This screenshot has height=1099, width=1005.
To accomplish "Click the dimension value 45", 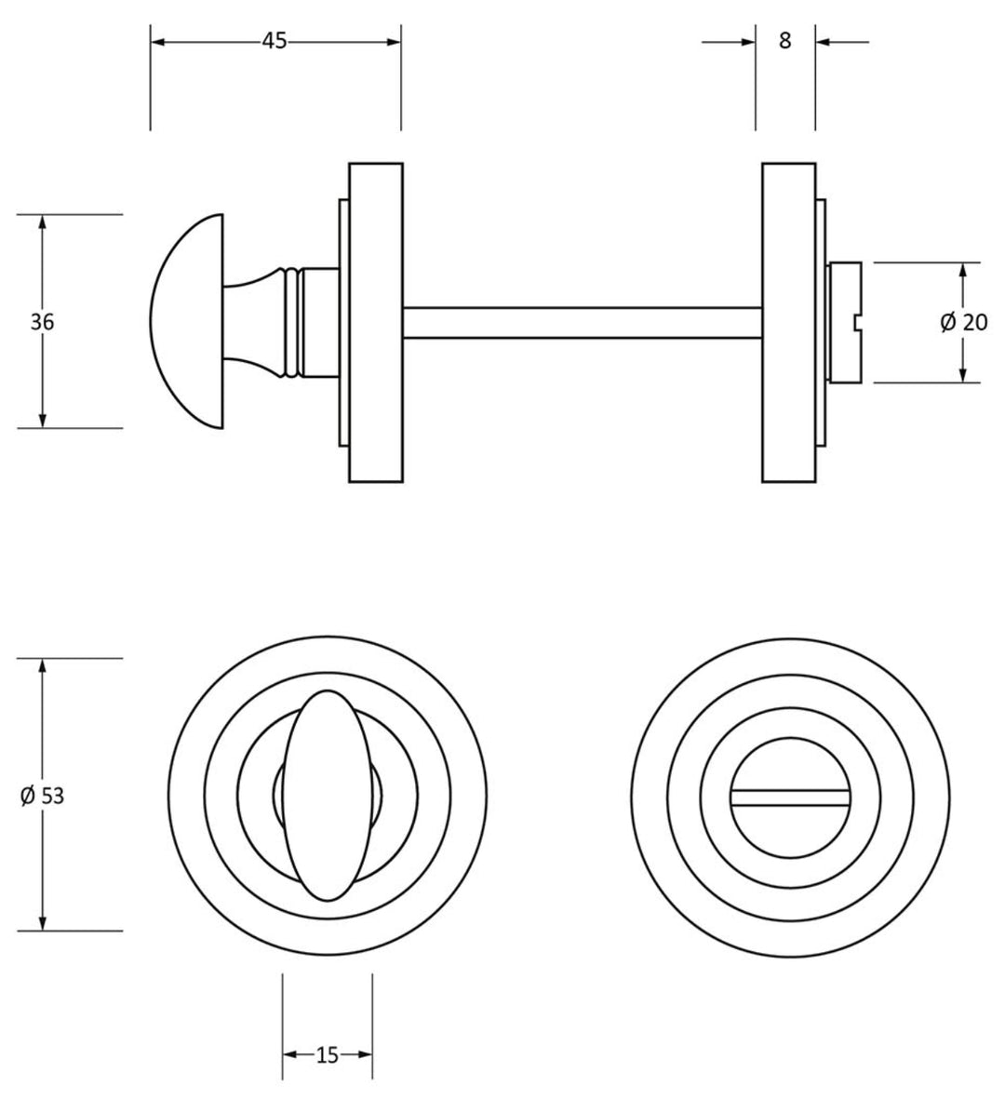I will (274, 41).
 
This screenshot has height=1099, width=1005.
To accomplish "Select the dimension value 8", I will (784, 41).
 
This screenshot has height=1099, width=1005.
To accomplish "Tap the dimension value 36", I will (42, 322).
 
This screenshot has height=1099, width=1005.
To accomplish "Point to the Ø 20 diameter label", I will (963, 322).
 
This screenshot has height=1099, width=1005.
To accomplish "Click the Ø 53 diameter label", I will (42, 796).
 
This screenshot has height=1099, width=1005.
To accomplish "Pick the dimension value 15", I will (327, 1055).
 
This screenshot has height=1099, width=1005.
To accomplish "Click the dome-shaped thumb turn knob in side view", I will (186, 322).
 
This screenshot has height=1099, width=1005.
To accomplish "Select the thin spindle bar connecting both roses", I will (582, 322).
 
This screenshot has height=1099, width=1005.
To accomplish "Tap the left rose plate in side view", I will (376, 322).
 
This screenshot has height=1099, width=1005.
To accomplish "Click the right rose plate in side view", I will (788, 322).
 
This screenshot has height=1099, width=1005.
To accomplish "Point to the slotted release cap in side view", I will (845, 322).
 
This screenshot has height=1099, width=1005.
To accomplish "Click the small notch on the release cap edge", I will (858, 323).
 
